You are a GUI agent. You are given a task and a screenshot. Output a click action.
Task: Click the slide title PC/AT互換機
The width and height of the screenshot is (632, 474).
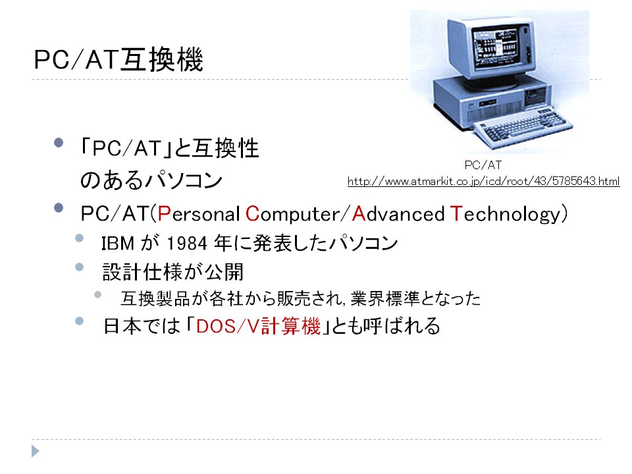[x=118, y=60]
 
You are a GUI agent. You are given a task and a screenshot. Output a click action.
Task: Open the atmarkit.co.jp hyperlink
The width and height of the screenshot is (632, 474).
[x=483, y=182]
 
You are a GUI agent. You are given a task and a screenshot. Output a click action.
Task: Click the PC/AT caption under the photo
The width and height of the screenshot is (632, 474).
[x=483, y=165]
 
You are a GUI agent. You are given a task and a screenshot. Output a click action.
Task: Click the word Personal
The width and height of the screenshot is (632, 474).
[x=199, y=213]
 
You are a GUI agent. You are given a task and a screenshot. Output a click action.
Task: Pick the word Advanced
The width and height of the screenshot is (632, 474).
[x=398, y=213]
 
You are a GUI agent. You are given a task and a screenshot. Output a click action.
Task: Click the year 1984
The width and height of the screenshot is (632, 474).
[x=187, y=243]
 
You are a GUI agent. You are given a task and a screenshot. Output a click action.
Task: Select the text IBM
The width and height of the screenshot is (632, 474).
[x=118, y=244]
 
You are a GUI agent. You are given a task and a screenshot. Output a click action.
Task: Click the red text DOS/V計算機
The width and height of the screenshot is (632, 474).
[x=258, y=326]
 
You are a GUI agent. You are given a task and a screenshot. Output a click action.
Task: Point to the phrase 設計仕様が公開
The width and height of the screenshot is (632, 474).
[x=173, y=272]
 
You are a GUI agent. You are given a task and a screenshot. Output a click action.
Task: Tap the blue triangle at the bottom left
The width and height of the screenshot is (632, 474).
[x=36, y=451]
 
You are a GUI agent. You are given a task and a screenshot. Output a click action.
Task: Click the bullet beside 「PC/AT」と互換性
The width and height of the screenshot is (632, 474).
[x=59, y=143]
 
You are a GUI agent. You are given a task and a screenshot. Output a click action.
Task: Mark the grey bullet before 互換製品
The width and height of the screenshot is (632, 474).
[x=97, y=295]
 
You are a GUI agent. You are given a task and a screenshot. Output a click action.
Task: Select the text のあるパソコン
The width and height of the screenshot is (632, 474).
[x=151, y=180]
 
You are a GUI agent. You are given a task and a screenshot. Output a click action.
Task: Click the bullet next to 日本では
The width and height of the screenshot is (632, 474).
[x=80, y=321]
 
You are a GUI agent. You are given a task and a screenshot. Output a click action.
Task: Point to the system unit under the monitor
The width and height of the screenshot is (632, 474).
[x=492, y=101]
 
